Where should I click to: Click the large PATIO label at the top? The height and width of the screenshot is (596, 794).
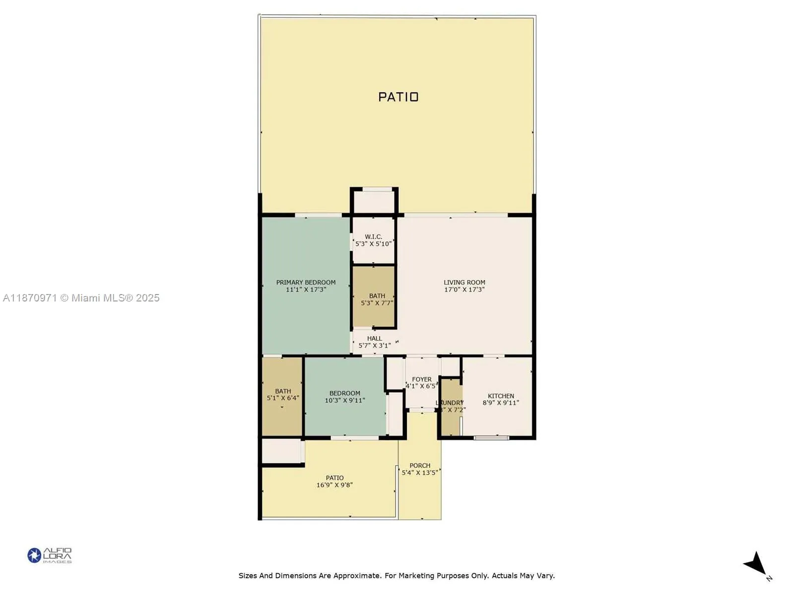click(x=398, y=97)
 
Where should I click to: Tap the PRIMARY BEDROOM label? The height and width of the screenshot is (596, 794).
click(x=306, y=282)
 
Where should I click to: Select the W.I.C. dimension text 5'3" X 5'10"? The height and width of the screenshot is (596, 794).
click(x=373, y=244)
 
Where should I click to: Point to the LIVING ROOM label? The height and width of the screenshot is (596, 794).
click(x=464, y=282)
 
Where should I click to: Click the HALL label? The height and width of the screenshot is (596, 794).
click(x=374, y=338)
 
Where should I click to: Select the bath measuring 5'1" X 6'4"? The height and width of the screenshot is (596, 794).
click(x=283, y=394)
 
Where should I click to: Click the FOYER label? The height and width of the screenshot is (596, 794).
click(x=421, y=379)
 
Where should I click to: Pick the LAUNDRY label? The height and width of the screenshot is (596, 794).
click(x=450, y=403)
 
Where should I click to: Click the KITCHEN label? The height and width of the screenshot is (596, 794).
click(x=501, y=396)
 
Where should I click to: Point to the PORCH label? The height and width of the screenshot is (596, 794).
click(x=420, y=465)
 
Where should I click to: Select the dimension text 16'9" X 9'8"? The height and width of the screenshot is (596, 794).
click(x=334, y=485)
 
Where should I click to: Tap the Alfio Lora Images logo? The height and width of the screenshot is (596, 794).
click(x=50, y=555)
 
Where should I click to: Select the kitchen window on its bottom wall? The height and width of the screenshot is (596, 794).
click(x=491, y=438)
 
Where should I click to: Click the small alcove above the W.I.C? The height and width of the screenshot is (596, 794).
click(x=374, y=201)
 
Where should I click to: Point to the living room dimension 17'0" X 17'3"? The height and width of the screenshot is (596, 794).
click(x=464, y=290)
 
